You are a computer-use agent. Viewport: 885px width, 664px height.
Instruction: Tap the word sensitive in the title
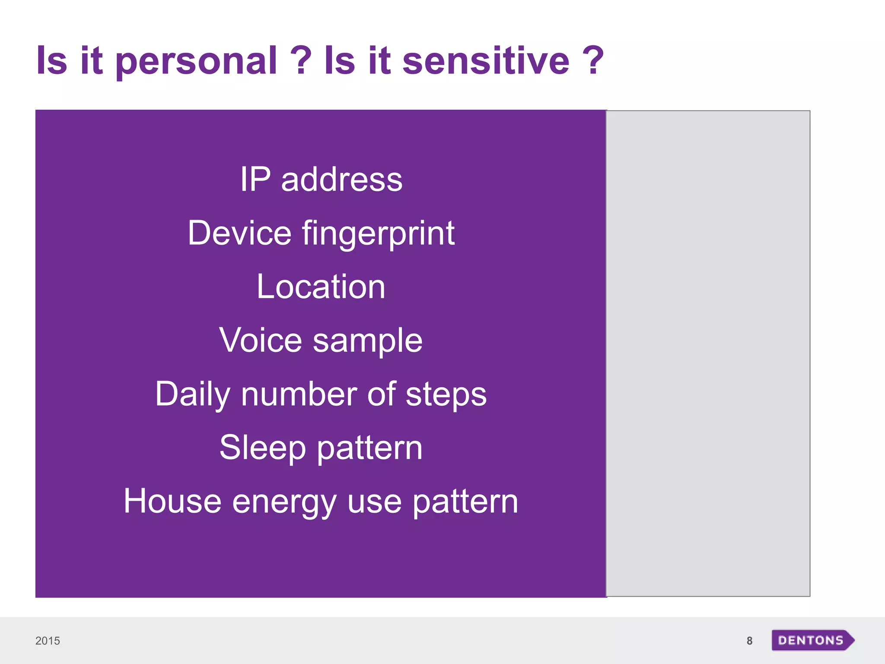point(486,61)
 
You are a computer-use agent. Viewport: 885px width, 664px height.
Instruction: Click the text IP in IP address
point(255,179)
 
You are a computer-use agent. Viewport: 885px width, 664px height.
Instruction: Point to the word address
point(341,180)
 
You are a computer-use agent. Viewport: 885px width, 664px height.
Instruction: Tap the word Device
point(239,233)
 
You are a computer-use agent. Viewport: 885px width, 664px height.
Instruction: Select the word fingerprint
point(378,234)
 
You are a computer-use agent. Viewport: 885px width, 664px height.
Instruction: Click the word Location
point(321,287)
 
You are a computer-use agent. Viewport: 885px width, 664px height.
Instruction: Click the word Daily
point(193,395)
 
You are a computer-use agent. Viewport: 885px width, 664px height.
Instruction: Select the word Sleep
point(262,448)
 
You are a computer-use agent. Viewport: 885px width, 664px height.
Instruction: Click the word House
point(172,501)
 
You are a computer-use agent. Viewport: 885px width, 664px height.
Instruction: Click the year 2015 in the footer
point(48,641)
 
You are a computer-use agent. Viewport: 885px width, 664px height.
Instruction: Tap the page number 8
point(749,641)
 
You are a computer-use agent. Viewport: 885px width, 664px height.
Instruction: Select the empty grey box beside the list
point(708,353)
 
